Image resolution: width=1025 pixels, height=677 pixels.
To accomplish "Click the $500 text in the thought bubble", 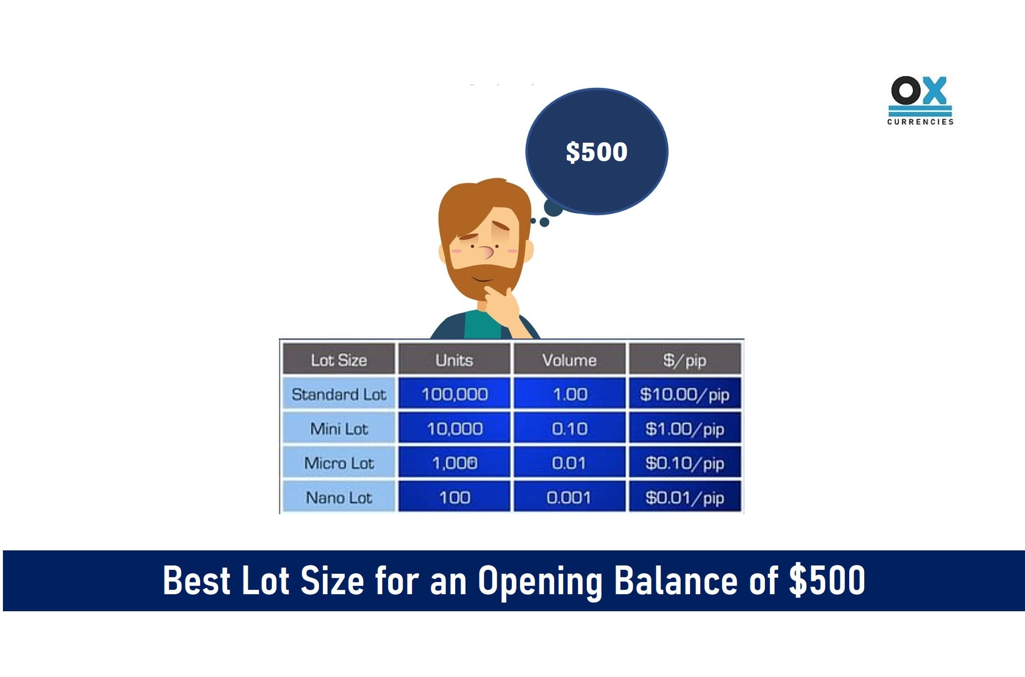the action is coord(596,151).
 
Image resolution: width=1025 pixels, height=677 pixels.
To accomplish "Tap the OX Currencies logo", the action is coord(920,100).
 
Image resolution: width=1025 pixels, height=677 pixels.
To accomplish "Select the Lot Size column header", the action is coord(339,359).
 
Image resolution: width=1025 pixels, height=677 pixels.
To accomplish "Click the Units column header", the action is coord(454,359).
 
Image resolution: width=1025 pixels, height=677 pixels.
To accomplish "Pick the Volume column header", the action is coord(569,359).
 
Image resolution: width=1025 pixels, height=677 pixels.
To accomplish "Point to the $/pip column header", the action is coord(685,359).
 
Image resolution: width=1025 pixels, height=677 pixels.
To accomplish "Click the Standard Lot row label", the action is coord(339,394).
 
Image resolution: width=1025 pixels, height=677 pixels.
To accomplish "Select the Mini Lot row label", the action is coord(339,428).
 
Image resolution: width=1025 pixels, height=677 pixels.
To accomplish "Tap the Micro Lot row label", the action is coord(339,463).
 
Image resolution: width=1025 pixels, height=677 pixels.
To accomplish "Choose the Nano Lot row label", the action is coord(339,497).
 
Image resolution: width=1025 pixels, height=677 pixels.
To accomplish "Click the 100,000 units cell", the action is coord(454,394).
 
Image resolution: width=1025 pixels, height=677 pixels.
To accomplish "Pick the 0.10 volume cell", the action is coord(569,428).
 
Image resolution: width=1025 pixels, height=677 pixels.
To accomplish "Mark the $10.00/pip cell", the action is coord(685,394).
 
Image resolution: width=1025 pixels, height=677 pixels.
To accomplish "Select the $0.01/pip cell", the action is coord(685,497).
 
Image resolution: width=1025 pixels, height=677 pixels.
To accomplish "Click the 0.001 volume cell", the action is coord(569,497).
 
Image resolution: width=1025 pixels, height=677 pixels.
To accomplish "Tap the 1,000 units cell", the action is coord(454,463).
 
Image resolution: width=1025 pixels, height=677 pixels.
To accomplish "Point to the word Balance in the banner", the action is coord(675,580).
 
